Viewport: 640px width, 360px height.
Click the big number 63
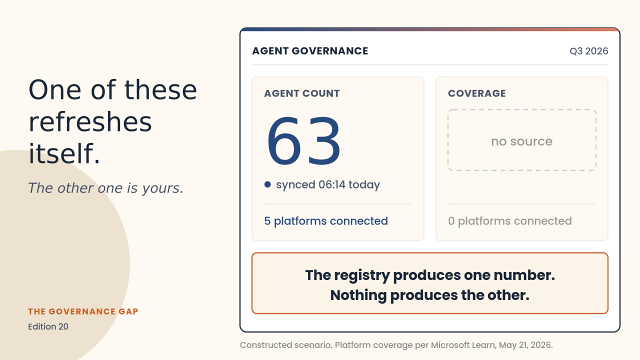pyautogui.click(x=303, y=140)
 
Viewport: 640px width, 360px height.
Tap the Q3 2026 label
pyautogui.click(x=588, y=51)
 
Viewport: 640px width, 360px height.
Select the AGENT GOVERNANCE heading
pyautogui.click(x=310, y=51)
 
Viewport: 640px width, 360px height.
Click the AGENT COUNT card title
pyautogui.click(x=301, y=93)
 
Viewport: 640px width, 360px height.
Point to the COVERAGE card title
pyautogui.click(x=477, y=93)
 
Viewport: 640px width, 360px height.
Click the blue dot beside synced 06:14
pyautogui.click(x=267, y=184)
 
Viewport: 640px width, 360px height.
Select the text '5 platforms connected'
pyautogui.click(x=326, y=221)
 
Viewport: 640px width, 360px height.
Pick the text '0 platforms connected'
pyautogui.click(x=510, y=221)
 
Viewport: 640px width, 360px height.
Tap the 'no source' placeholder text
pyautogui.click(x=521, y=141)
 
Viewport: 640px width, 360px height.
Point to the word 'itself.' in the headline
pyautogui.click(x=64, y=153)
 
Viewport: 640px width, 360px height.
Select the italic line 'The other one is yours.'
pyautogui.click(x=105, y=188)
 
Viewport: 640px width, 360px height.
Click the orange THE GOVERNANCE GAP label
pyautogui.click(x=83, y=311)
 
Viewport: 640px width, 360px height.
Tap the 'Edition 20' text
pyautogui.click(x=48, y=326)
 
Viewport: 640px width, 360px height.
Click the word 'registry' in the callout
pyautogui.click(x=361, y=275)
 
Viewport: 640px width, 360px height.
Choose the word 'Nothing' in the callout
pyautogui.click(x=358, y=295)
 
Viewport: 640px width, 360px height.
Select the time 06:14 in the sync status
pyautogui.click(x=332, y=184)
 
